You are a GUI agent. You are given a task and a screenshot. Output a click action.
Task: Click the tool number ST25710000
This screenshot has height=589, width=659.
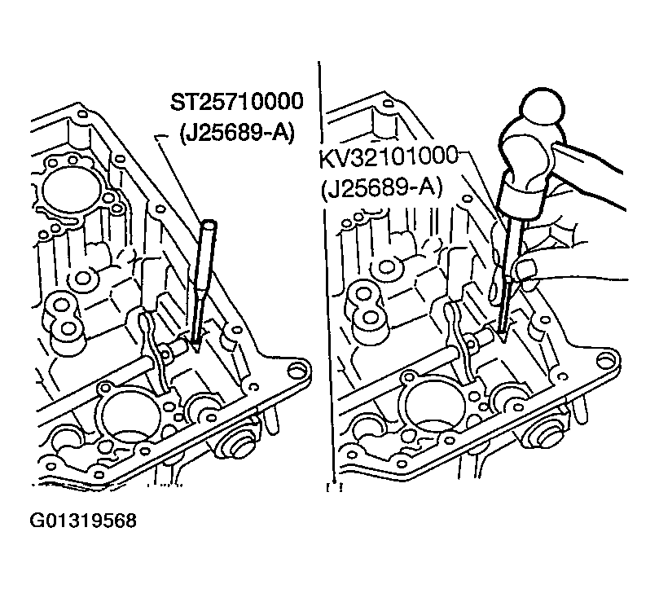236,102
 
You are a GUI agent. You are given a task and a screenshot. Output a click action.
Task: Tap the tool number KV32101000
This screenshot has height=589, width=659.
389,156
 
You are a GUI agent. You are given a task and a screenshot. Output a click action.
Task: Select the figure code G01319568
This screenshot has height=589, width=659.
83,521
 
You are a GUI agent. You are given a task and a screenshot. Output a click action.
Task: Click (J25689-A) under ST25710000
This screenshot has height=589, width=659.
236,134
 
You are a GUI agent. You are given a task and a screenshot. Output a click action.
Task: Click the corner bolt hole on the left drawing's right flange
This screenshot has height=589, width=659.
297,370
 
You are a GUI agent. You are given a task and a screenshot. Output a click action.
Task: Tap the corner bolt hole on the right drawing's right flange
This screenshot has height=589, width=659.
605,360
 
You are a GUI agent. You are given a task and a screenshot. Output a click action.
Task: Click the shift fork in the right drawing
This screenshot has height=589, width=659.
463,341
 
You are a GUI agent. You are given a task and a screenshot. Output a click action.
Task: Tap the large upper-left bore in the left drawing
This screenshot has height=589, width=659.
71,188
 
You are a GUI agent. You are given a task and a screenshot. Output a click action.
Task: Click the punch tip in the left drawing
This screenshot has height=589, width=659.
196,347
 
